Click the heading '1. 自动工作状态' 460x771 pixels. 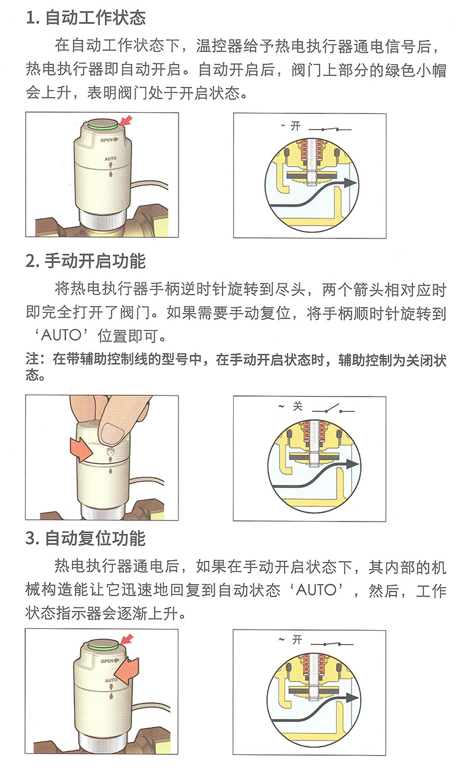coord(86,18)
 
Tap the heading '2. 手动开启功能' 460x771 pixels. coord(86,261)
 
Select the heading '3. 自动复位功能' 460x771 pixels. coord(86,538)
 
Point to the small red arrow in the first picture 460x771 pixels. coord(126,121)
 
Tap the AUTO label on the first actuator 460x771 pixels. coord(110,159)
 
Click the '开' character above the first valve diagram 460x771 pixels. coord(296,126)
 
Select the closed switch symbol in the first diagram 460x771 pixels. coord(330,129)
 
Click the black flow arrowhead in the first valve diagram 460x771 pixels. coord(350,183)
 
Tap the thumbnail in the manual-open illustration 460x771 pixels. coord(110,431)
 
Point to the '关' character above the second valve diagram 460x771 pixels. coord(297,406)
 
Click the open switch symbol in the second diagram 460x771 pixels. coord(334,409)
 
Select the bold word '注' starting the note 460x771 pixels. coord(32,359)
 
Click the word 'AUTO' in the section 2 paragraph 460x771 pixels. coord(61,335)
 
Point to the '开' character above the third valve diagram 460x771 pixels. coord(297,640)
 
